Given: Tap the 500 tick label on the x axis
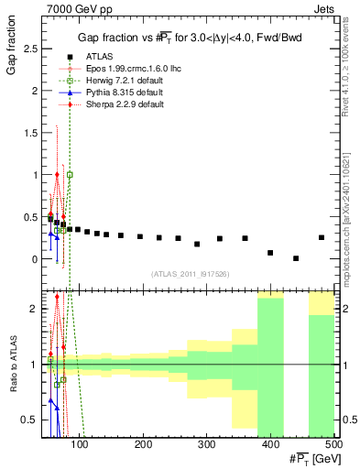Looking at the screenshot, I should pos(333,444).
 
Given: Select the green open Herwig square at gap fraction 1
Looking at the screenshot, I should pos(70,174).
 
